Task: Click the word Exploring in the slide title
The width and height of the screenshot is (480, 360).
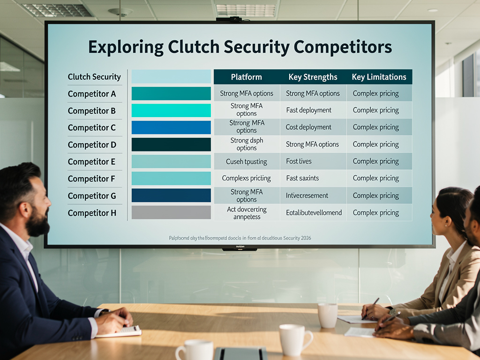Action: (126, 47)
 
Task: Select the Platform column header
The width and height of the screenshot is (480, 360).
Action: (247, 77)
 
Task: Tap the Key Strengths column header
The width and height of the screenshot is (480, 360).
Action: (313, 77)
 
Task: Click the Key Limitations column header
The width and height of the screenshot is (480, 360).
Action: (379, 77)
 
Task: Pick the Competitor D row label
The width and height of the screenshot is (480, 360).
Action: (92, 145)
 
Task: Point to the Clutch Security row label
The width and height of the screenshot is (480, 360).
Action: (94, 77)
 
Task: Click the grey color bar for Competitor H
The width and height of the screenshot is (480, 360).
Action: (171, 212)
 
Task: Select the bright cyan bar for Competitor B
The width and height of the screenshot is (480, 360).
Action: (171, 111)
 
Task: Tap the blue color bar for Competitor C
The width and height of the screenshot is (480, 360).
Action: (171, 127)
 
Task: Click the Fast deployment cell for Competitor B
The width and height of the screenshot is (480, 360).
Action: (308, 110)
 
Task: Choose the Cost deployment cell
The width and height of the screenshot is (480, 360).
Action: (308, 127)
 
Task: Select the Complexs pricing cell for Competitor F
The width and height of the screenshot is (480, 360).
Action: (246, 178)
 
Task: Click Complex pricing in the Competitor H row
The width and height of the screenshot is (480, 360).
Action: (375, 213)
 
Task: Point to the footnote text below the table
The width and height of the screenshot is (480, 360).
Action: (240, 238)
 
